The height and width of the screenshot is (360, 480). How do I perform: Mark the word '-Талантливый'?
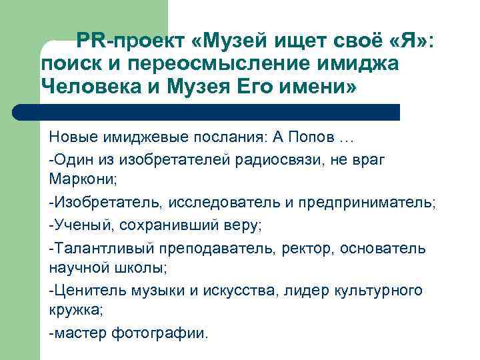click(101, 248)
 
